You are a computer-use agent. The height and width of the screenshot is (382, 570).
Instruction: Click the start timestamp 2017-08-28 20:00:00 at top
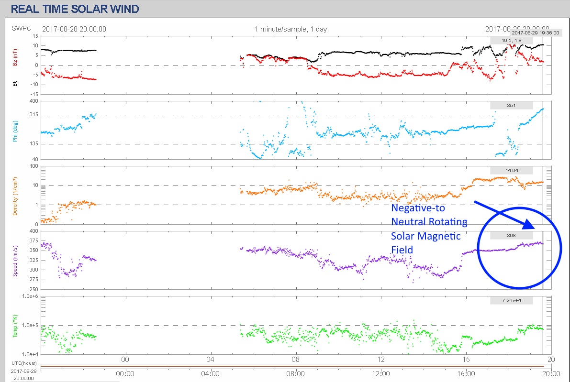click(74, 29)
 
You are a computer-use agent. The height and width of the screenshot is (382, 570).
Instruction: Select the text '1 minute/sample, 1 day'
click(291, 29)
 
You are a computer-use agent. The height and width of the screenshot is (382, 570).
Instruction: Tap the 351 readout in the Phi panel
click(511, 105)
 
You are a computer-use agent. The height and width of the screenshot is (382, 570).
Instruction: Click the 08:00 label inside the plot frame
click(296, 359)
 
